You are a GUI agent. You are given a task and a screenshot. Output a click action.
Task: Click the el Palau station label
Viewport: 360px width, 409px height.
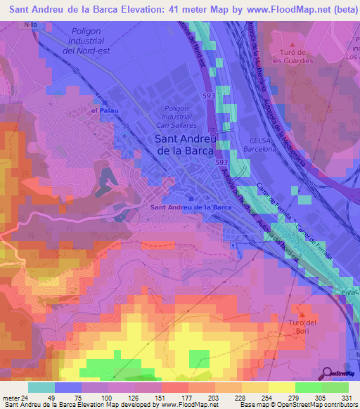coord(103,110)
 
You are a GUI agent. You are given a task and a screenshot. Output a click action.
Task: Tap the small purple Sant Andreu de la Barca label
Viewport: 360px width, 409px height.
coord(191,207)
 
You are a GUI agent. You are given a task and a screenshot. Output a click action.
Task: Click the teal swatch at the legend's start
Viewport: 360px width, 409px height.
coord(41,387)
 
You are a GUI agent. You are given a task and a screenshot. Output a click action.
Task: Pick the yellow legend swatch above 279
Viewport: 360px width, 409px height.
coord(281,387)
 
